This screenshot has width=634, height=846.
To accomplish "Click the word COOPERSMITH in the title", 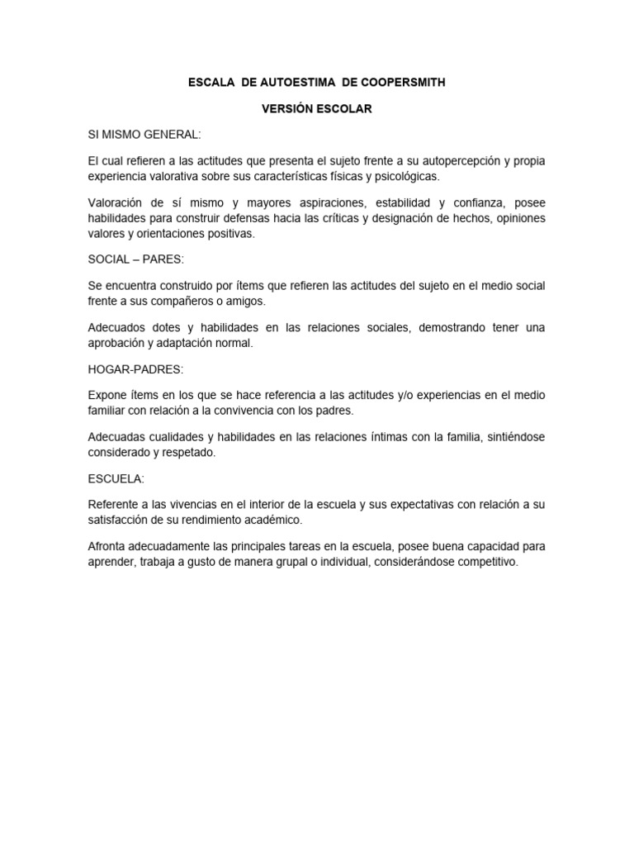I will [x=406, y=83].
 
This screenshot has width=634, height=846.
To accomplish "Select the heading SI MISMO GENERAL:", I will [x=145, y=134].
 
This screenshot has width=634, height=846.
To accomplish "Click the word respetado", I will [x=191, y=453].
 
